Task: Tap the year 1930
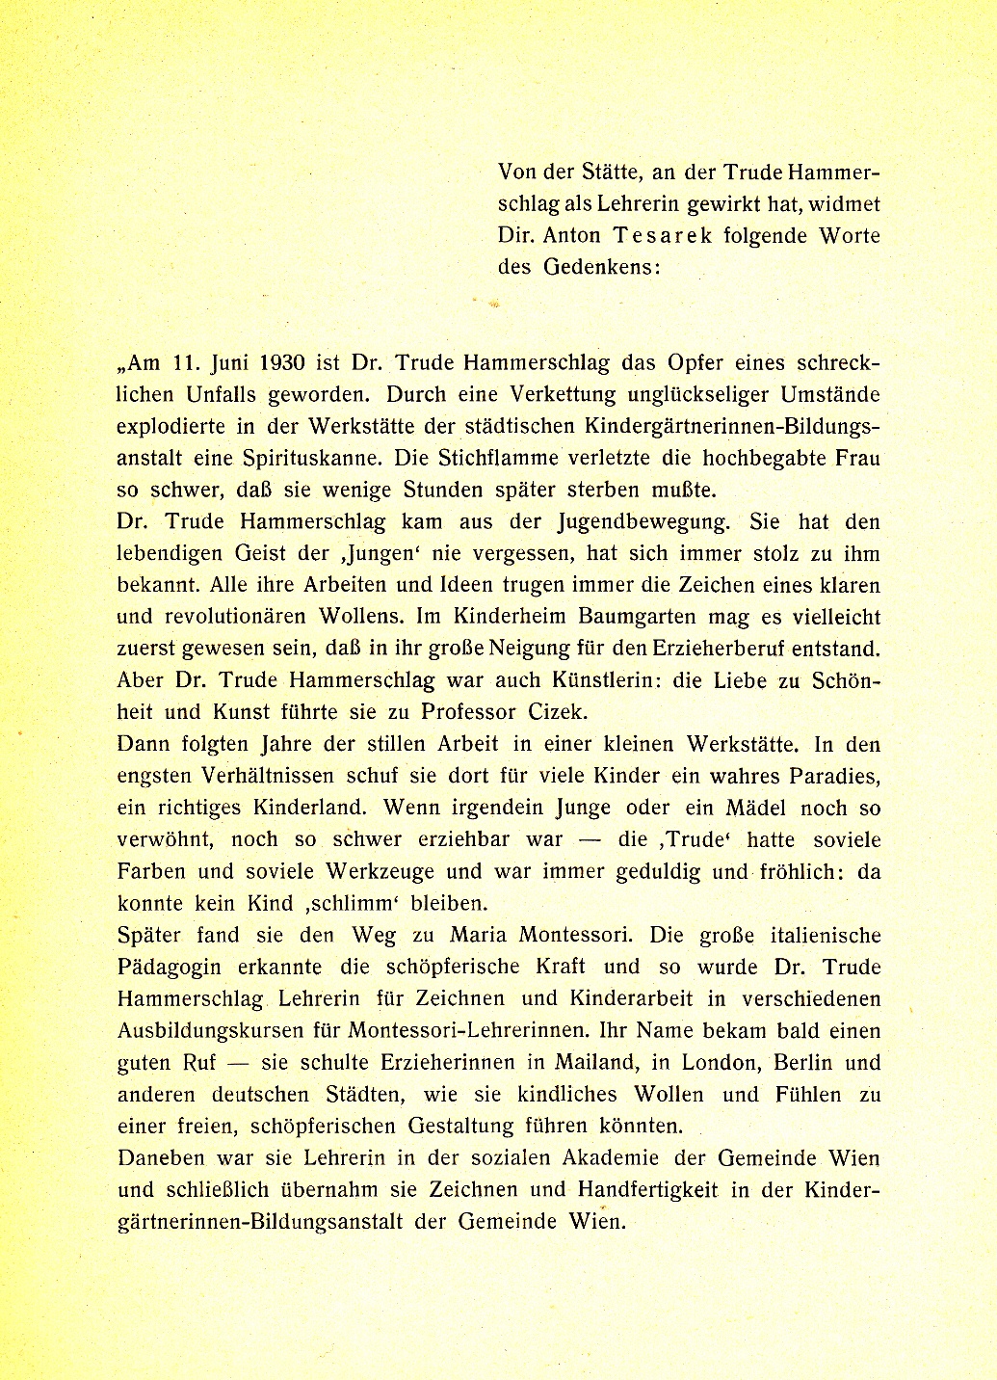(x=281, y=363)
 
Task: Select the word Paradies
(x=831, y=776)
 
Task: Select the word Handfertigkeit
(x=648, y=1189)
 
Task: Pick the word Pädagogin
(x=170, y=967)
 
